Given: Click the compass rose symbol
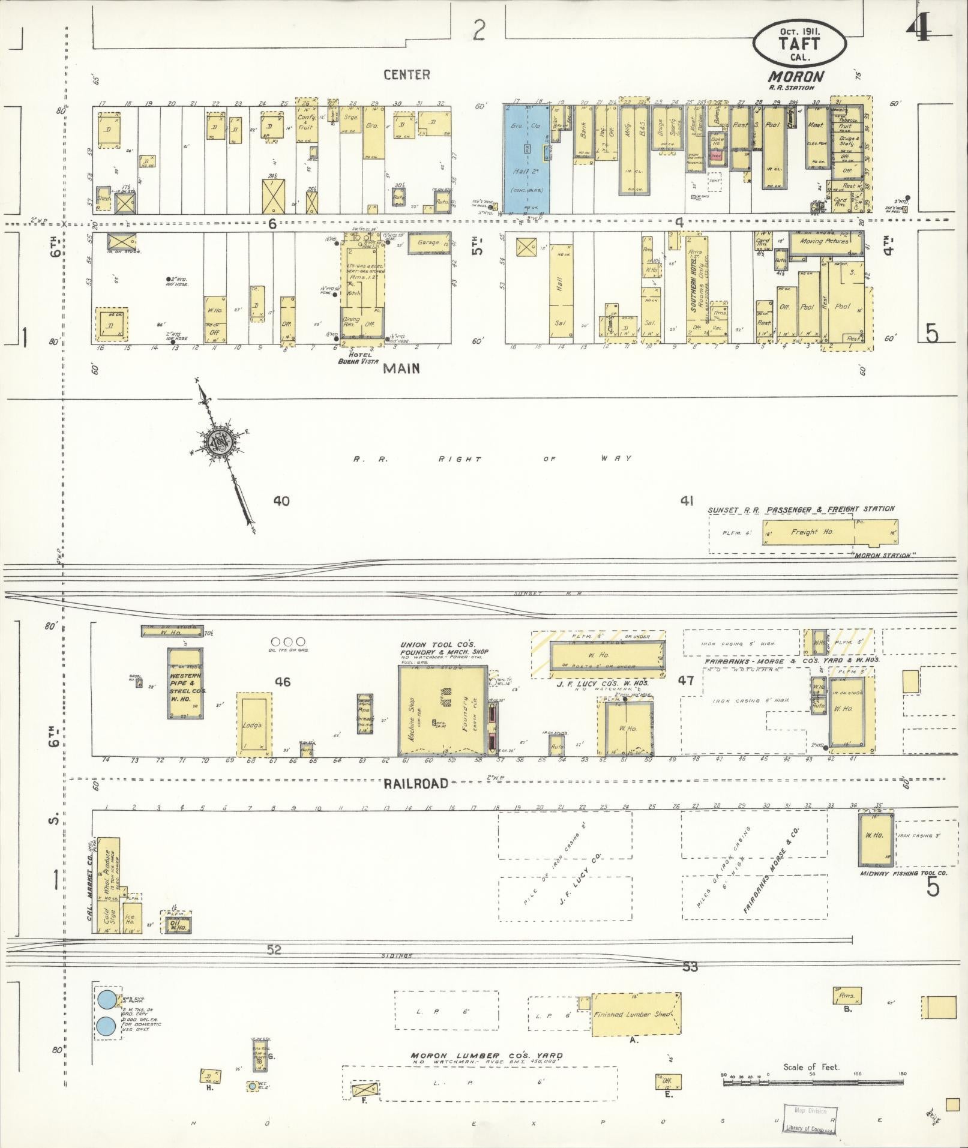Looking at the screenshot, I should (x=217, y=442).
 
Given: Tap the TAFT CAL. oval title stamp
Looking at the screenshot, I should (x=799, y=45).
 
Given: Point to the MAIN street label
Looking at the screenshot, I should (x=401, y=368).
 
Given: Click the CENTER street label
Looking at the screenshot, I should (x=406, y=74).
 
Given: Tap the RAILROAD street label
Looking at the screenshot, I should (x=416, y=783).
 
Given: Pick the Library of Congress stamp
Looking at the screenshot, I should (x=809, y=1119).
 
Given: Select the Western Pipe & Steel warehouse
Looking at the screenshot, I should (x=185, y=683).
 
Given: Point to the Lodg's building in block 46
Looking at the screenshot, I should (x=253, y=724).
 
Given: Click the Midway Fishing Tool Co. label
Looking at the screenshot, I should (x=903, y=873).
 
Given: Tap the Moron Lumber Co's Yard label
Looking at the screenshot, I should (x=486, y=1056).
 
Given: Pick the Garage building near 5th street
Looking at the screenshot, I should (x=430, y=243).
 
